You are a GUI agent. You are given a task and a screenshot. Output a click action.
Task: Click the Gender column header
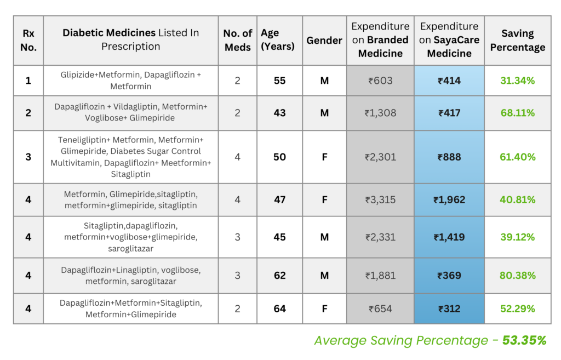click(324, 41)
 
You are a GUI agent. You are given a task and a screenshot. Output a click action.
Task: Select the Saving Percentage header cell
click(517, 40)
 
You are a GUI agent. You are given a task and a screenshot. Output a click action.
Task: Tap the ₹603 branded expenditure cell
click(380, 81)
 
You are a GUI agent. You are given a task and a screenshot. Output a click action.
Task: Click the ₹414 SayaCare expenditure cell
click(449, 81)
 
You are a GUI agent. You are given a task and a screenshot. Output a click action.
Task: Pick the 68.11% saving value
click(517, 113)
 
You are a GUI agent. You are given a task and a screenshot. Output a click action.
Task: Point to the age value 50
click(279, 157)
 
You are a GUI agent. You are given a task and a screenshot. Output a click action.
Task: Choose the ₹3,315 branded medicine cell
click(380, 199)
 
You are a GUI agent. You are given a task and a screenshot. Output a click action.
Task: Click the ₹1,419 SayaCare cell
click(449, 237)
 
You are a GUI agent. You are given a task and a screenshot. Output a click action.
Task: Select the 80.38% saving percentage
click(517, 275)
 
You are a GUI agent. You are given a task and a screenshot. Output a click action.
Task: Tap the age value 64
click(279, 308)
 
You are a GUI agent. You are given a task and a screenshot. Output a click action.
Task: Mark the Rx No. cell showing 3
click(28, 157)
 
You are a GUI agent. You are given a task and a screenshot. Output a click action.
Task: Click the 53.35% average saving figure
click(524, 340)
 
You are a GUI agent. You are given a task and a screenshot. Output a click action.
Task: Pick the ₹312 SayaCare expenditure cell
click(449, 308)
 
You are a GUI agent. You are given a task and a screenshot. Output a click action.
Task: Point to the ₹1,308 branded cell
click(380, 113)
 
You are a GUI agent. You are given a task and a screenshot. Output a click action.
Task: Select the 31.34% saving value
click(517, 81)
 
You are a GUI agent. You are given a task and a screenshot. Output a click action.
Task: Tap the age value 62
click(279, 275)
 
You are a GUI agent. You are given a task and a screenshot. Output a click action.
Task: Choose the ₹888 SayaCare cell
click(449, 157)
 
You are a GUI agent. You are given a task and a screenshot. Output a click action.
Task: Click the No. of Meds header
click(238, 40)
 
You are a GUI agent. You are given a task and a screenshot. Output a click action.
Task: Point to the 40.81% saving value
click(517, 199)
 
